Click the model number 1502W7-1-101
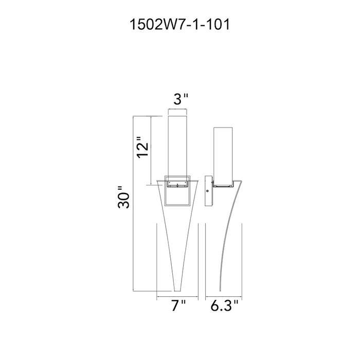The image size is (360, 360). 179,25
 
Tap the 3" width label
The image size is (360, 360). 181,99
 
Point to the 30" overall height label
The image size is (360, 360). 123,197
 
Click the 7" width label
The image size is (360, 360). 178,306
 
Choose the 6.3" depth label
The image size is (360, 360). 225,306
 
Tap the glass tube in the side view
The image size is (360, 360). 223,156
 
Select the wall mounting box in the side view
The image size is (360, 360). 208,191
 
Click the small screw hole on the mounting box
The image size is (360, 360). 208,191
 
